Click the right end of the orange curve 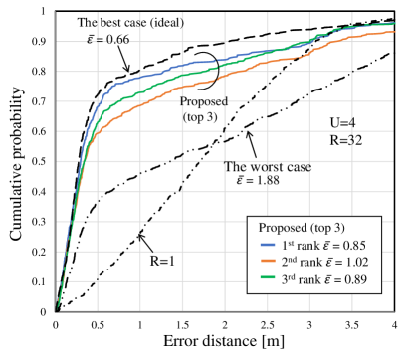click(x=395, y=32)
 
